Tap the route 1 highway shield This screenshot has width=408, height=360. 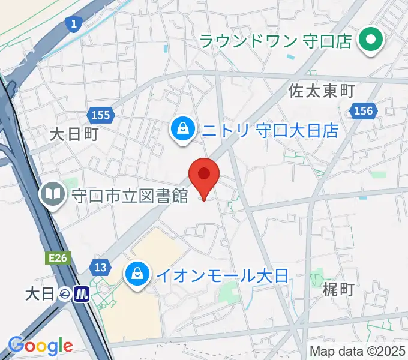74,25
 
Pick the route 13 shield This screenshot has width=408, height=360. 100,266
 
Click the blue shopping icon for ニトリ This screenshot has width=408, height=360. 181,130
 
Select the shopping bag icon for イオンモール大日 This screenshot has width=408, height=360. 137,275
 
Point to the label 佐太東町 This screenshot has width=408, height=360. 322,91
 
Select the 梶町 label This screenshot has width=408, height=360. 338,290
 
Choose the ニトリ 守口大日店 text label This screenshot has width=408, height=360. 270,130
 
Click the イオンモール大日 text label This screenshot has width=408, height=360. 223,276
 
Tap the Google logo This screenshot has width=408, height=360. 40,346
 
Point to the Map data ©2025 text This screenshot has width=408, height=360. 357,350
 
